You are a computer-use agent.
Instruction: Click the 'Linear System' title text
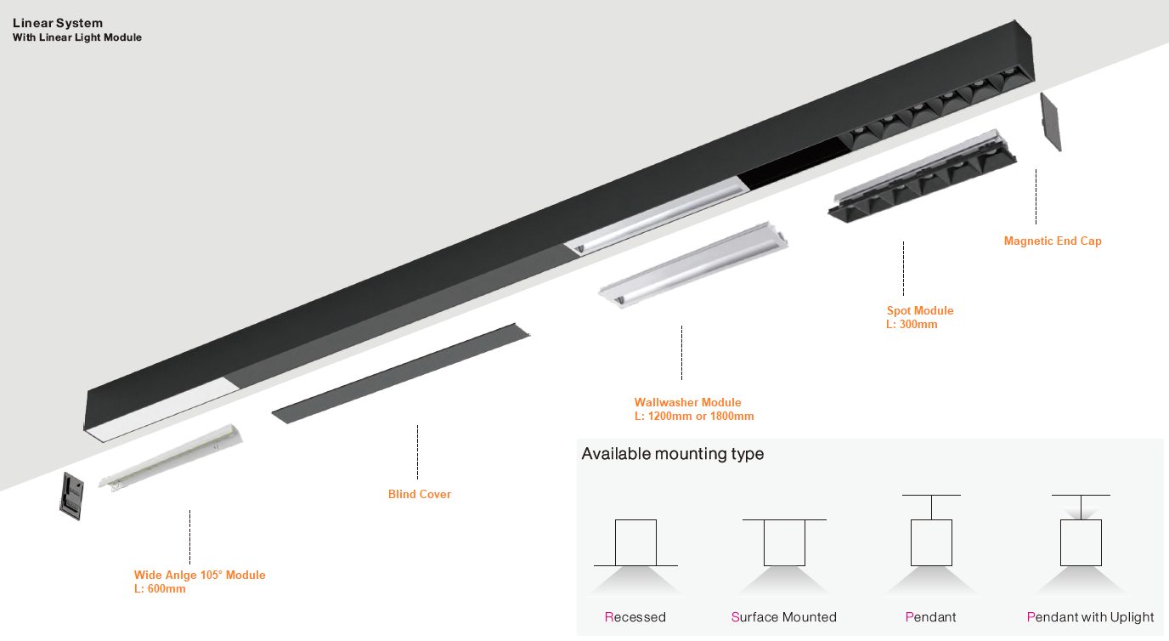(x=58, y=23)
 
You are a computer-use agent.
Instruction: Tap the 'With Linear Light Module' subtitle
(x=77, y=37)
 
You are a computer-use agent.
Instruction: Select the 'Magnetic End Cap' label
(x=1053, y=241)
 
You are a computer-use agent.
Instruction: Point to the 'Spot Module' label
(x=920, y=310)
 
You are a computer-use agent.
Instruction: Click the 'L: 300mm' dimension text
(x=912, y=325)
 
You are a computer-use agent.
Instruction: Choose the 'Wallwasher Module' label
(x=688, y=402)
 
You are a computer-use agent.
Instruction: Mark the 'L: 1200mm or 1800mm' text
(x=694, y=417)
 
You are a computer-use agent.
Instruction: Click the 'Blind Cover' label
(x=420, y=494)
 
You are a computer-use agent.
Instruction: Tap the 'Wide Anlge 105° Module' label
(x=200, y=576)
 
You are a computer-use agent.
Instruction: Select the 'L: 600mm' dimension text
(x=160, y=589)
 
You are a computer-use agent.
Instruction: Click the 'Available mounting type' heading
(x=673, y=453)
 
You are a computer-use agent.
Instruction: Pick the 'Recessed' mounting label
(x=635, y=617)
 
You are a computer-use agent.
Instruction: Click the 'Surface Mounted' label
(x=784, y=617)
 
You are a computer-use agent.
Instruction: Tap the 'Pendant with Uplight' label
(x=1090, y=617)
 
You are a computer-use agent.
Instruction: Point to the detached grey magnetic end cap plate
(x=1051, y=122)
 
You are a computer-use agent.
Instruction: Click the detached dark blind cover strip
(x=401, y=373)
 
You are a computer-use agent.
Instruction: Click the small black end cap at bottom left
(x=72, y=496)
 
